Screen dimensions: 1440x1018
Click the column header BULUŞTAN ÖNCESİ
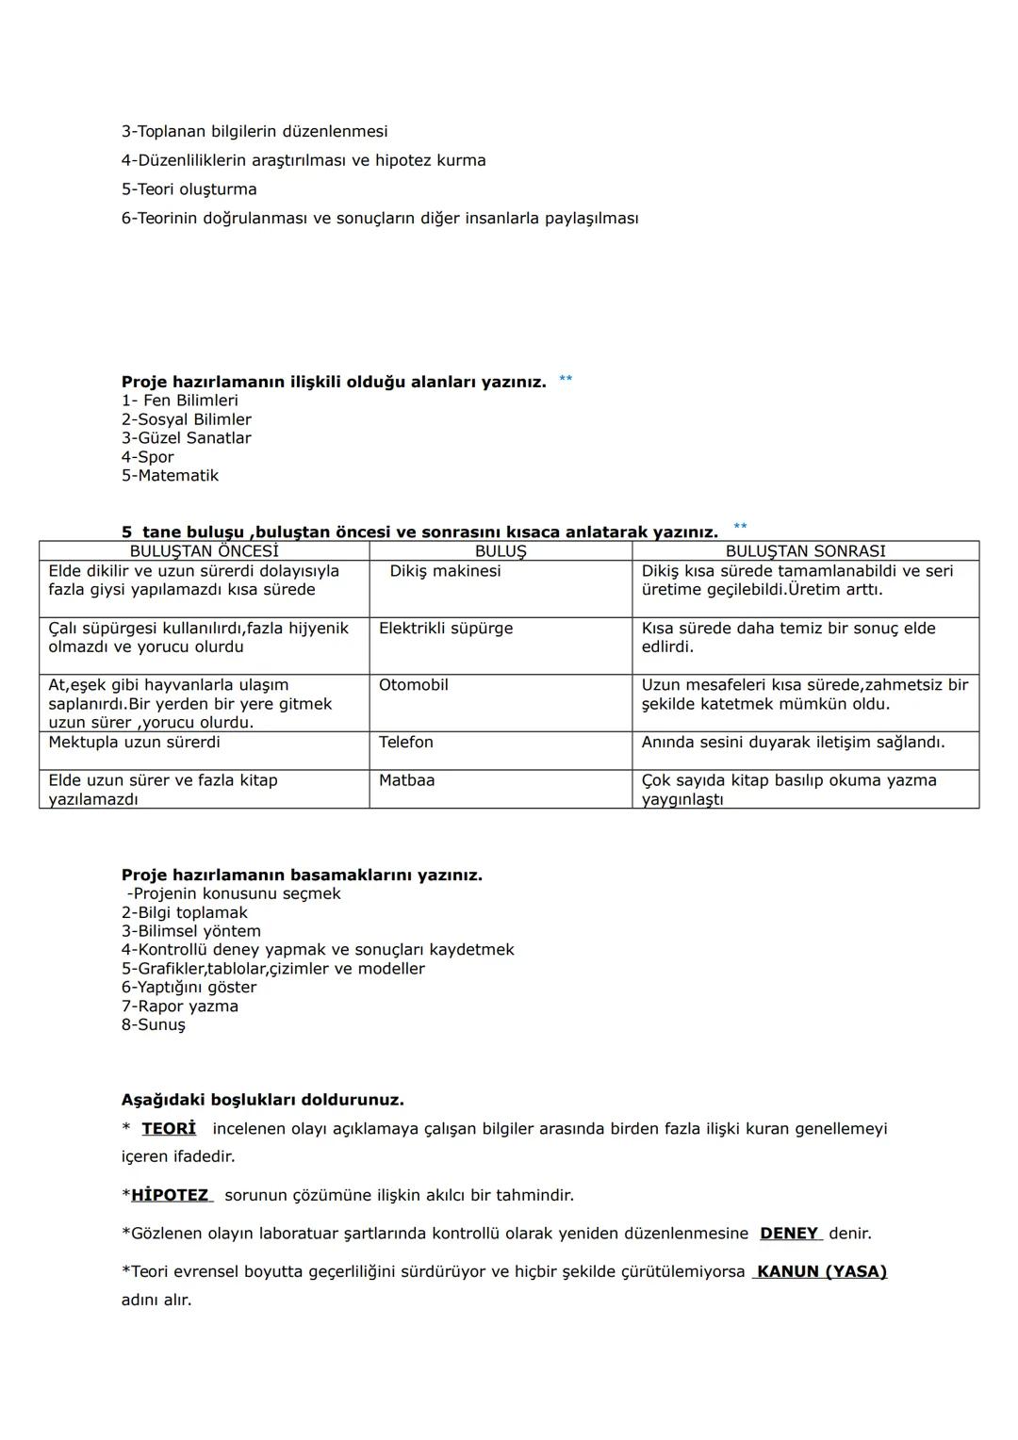click(x=204, y=551)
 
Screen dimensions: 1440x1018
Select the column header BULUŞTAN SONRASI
click(x=805, y=551)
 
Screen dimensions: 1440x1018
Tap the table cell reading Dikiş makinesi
click(x=445, y=571)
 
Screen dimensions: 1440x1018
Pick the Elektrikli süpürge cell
click(x=446, y=629)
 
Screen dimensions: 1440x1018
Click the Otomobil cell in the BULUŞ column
click(x=413, y=685)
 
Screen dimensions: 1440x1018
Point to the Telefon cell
click(x=406, y=743)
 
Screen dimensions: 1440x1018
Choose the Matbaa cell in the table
click(x=406, y=780)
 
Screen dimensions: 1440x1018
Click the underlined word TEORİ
click(x=169, y=1129)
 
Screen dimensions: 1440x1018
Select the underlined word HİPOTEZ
click(x=171, y=1195)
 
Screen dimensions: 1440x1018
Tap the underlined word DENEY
click(x=790, y=1234)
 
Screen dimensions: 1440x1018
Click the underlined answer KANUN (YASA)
click(x=821, y=1272)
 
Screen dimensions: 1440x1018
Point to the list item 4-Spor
click(x=147, y=457)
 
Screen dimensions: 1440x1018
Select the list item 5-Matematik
click(x=170, y=476)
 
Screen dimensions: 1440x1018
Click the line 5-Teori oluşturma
click(x=189, y=189)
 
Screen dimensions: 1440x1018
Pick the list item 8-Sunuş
click(x=153, y=1024)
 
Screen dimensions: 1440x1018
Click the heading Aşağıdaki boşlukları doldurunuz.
click(x=262, y=1100)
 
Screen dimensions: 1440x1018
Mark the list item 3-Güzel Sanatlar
click(x=186, y=438)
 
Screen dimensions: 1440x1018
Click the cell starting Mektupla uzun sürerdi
click(x=134, y=743)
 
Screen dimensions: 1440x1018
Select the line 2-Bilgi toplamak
click(x=184, y=912)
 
